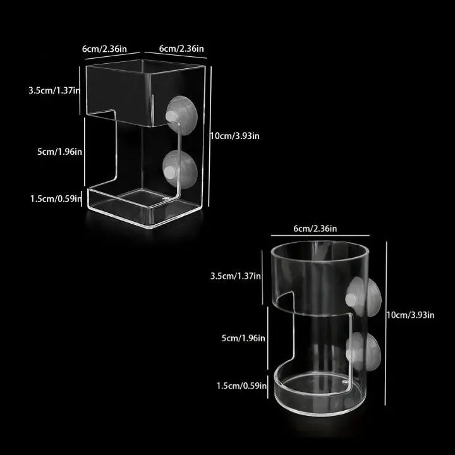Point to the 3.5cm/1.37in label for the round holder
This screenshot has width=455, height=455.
tap(233, 276)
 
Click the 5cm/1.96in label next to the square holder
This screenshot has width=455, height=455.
tap(56, 151)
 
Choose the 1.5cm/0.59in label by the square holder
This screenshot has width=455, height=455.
tap(56, 198)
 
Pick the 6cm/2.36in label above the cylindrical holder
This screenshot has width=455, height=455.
tap(315, 228)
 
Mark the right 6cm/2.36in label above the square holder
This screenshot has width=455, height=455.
tap(181, 49)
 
